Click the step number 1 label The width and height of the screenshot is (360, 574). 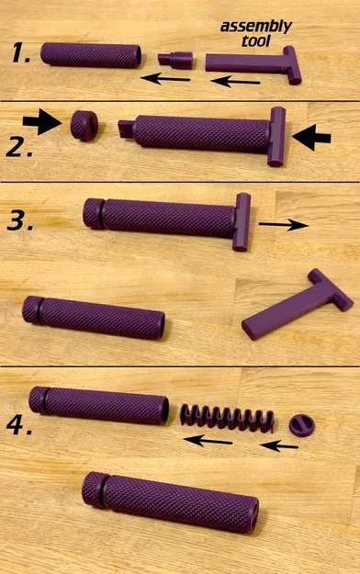tap(20, 54)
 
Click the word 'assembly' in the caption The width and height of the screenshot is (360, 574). tap(255, 27)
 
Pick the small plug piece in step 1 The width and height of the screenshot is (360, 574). tap(174, 61)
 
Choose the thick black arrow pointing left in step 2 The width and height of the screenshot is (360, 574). tap(312, 137)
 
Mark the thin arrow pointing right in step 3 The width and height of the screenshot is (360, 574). tap(283, 224)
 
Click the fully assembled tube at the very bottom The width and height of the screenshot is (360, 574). tap(170, 502)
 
